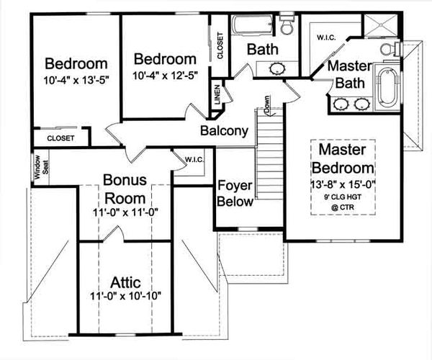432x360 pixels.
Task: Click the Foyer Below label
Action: coord(235,193)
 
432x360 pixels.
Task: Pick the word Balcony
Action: coord(224,131)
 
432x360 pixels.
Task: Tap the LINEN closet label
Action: coord(217,97)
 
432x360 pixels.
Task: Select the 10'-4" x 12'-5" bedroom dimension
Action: coord(165,74)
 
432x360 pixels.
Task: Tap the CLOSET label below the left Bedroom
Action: coord(60,138)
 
